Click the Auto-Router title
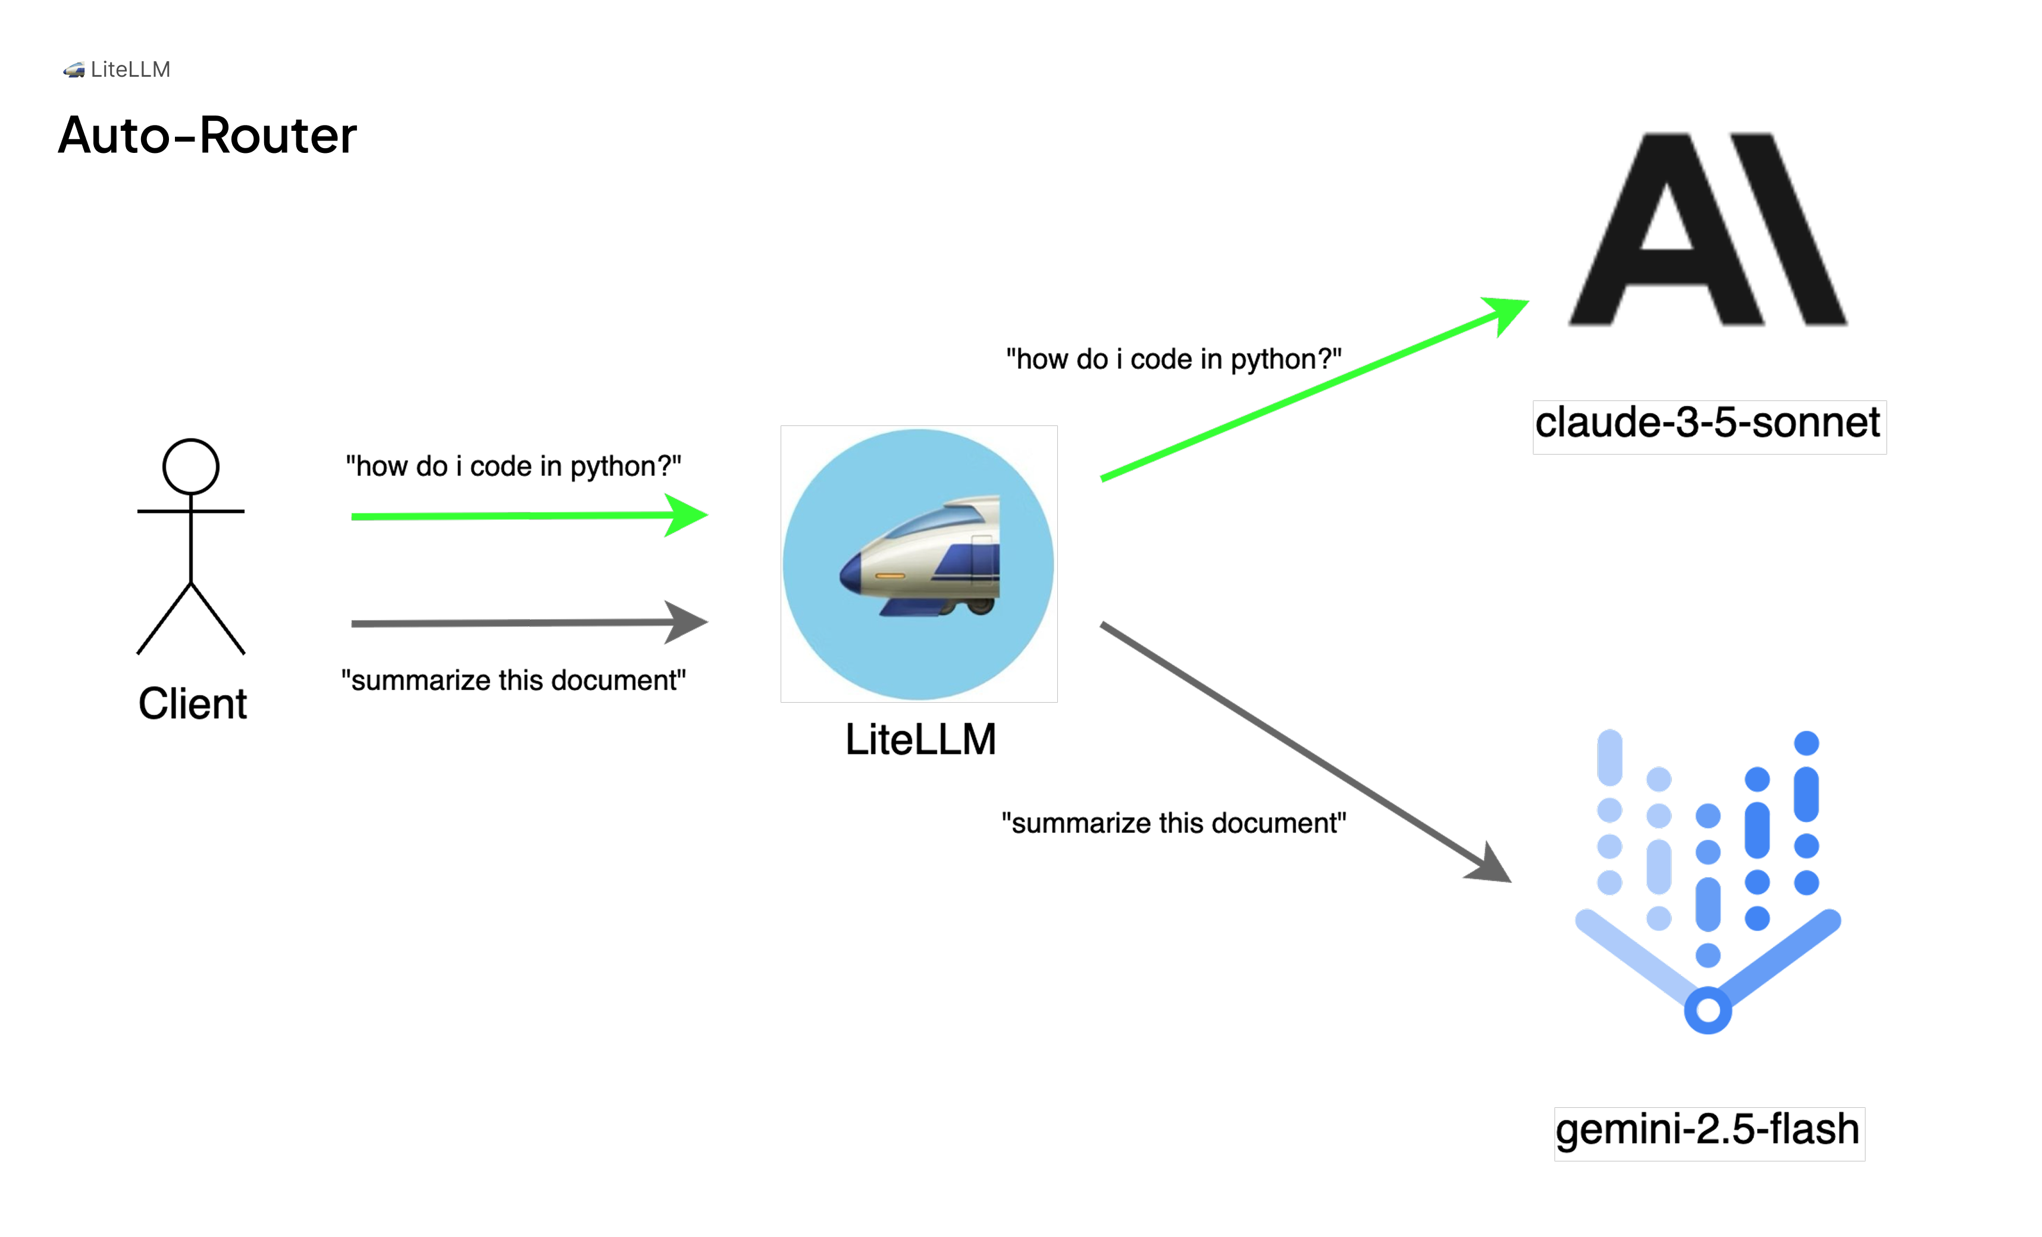[x=207, y=135]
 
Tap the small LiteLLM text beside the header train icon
[x=130, y=70]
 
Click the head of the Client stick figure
[x=190, y=466]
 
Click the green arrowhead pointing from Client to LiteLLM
[x=688, y=515]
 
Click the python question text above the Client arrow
[x=513, y=466]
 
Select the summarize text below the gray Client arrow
[x=513, y=680]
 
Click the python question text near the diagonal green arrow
[x=1173, y=359]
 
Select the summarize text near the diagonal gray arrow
[x=1173, y=823]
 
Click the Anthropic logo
[x=1707, y=228]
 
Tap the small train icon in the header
[x=74, y=70]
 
